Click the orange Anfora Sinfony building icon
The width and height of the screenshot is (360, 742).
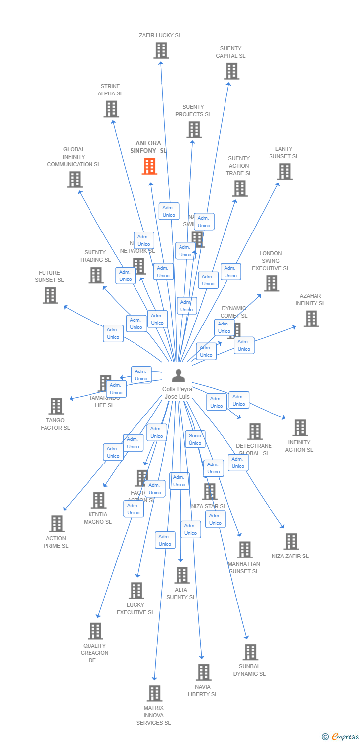coord(149,166)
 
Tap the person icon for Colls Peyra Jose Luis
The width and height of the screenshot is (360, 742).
coord(178,375)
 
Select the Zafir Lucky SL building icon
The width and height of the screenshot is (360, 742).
coord(161,50)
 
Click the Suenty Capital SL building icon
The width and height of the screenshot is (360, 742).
coord(231,71)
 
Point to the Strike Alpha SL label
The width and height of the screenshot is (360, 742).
coord(110,90)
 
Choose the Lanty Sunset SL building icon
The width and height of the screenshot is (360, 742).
coord(284,172)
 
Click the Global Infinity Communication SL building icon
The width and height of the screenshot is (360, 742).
coord(75,180)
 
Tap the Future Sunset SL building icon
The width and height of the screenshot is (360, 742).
coord(50,295)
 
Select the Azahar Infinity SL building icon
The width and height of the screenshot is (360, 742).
coord(311,319)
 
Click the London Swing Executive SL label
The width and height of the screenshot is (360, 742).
coord(270,261)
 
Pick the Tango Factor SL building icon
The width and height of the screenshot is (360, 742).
coord(56,406)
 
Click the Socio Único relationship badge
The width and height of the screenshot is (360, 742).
coord(195,439)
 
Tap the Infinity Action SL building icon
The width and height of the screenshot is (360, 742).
coord(300,428)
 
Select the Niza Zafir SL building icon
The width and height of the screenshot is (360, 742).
coord(291,542)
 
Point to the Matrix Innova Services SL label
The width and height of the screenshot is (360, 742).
coord(153,715)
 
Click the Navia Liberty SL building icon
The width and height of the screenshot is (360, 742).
coord(203,672)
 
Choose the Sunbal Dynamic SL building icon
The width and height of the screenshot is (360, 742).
coord(250,652)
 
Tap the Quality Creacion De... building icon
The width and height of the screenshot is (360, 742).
coord(95,631)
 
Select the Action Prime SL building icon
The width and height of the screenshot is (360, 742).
coord(57,524)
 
